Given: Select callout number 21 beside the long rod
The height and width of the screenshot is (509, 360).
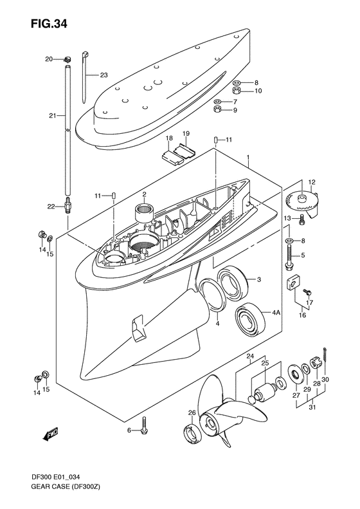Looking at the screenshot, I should pos(53,116).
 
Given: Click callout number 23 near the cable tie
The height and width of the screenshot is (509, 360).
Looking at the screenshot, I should pos(104,75).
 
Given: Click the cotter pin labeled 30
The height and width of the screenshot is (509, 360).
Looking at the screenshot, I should pos(328,353).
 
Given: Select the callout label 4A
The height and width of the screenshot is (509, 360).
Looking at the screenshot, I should pos(276,313).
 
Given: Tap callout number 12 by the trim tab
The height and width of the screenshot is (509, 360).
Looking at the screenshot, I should pos(310,182).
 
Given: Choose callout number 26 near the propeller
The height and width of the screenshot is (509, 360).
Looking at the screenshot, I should pos(192,413).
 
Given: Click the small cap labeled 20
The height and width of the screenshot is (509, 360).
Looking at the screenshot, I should pos(66,59).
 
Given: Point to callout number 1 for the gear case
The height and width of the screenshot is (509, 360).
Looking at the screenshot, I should pos(248,158).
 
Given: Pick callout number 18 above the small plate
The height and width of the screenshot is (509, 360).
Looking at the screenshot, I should pos(168,138).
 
